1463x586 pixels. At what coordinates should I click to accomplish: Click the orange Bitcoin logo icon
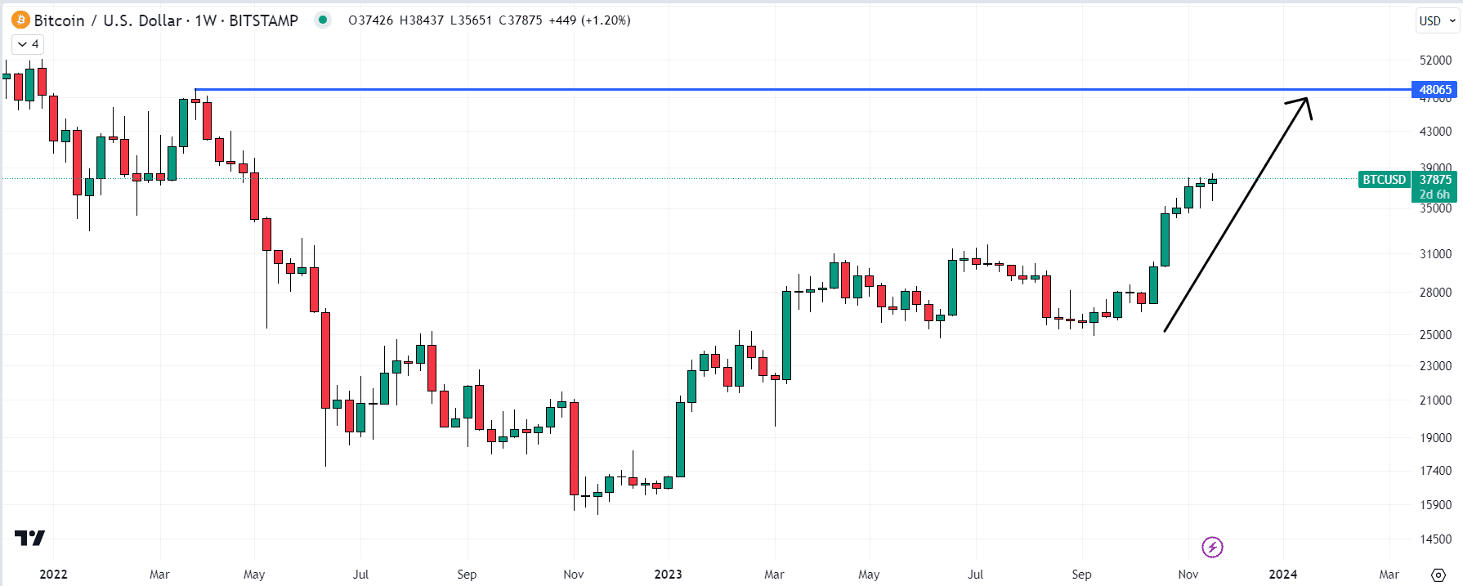coord(20,20)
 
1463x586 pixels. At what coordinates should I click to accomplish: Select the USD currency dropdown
coord(1437,21)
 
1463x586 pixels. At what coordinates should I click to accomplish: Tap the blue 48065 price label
coord(1434,90)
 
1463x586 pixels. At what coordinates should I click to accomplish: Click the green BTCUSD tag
coord(1384,180)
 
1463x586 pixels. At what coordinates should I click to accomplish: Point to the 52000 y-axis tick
coord(1435,60)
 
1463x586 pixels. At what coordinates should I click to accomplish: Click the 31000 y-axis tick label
coord(1435,254)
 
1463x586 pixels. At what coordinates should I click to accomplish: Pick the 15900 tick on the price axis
coord(1435,505)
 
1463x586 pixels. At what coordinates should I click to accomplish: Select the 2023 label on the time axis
coord(668,575)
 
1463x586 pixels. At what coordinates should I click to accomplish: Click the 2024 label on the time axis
coord(1282,575)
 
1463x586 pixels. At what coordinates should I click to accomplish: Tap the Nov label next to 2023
coord(574,575)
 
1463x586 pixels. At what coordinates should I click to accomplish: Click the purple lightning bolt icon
coord(1212,547)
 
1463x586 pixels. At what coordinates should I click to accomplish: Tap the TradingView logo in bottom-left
coord(29,538)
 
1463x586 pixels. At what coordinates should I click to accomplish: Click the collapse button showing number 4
coord(28,44)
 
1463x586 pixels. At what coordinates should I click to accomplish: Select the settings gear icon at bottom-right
coord(1438,575)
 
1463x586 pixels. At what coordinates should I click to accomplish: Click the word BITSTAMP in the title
coord(263,20)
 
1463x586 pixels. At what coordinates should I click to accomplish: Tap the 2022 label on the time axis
coord(53,575)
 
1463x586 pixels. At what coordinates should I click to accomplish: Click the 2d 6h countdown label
coord(1434,195)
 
